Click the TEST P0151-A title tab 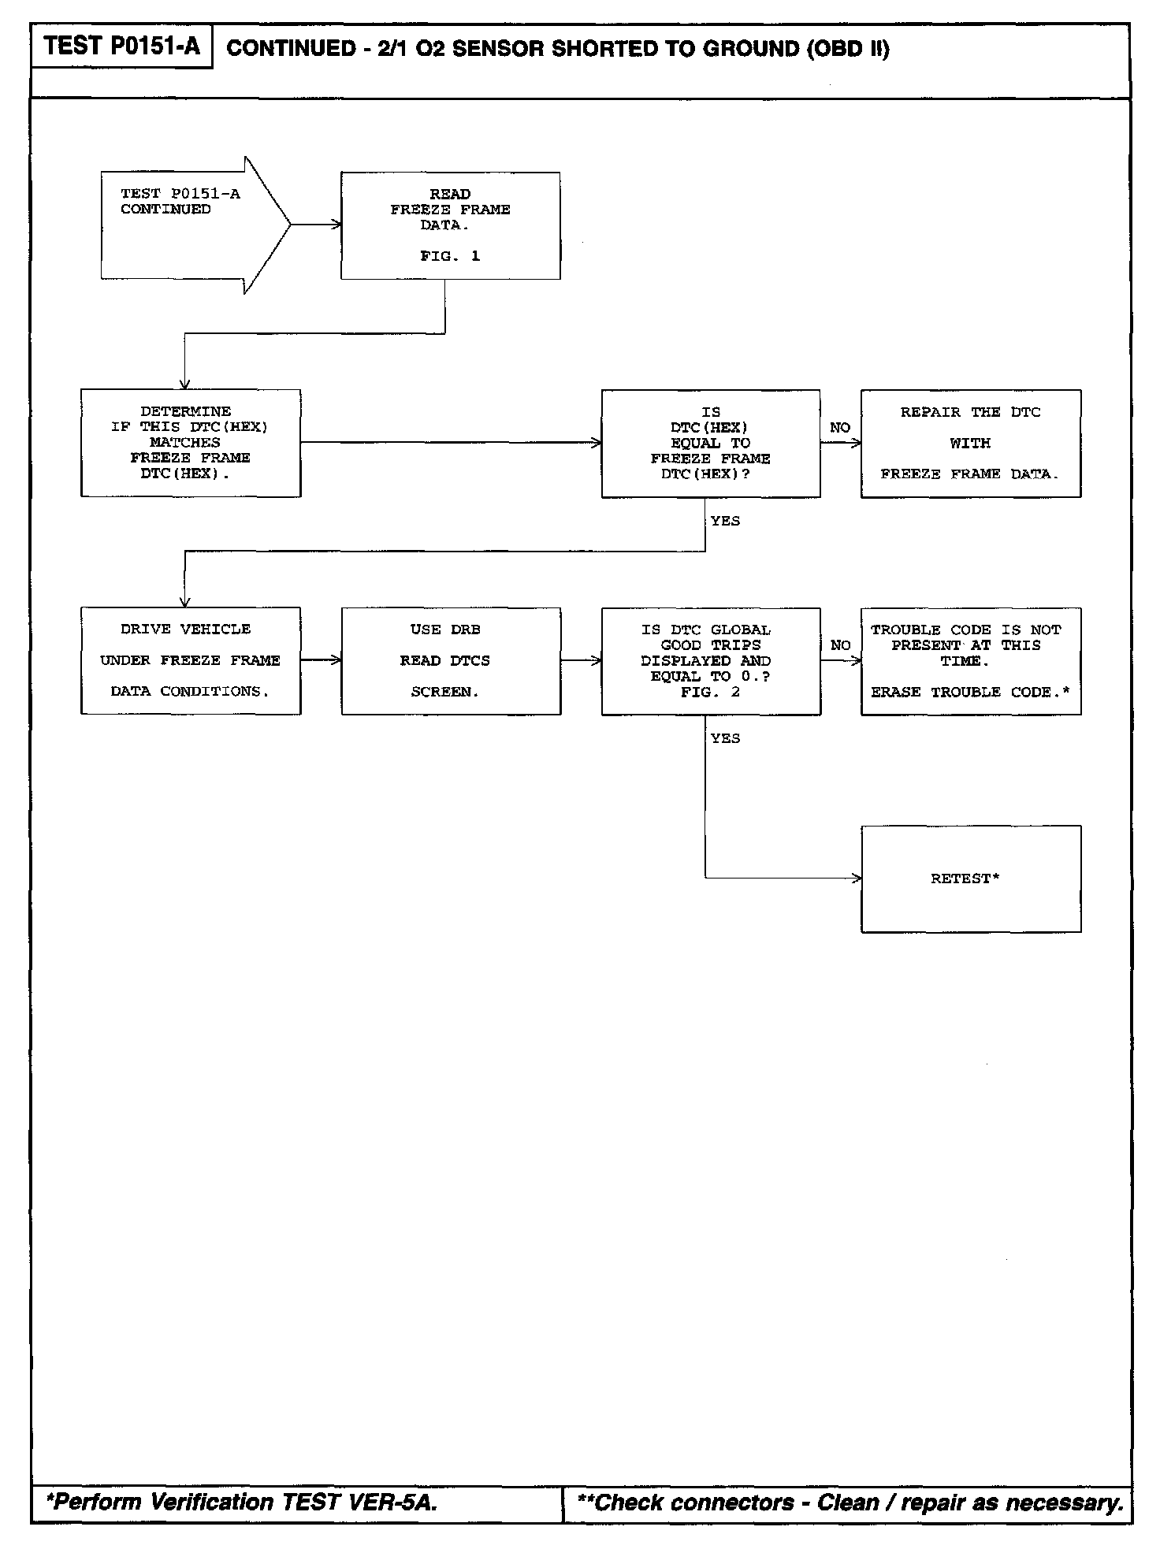[122, 46]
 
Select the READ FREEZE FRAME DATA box [450, 225]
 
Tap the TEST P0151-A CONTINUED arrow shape [189, 225]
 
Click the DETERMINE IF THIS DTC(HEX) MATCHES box [191, 443]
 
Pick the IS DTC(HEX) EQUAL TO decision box [710, 443]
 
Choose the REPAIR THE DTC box [970, 443]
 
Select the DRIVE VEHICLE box [191, 660]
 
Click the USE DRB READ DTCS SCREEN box [451, 660]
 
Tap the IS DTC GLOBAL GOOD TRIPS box [710, 660]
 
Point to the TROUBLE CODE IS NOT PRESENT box [970, 660]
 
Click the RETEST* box [970, 879]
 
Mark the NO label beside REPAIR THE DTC [840, 428]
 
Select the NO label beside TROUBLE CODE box [841, 645]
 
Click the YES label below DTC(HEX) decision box [725, 521]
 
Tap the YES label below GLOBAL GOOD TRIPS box [725, 738]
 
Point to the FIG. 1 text [450, 256]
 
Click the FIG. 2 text [710, 692]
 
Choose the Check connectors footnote [850, 1503]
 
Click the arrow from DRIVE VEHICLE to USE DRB [321, 660]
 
